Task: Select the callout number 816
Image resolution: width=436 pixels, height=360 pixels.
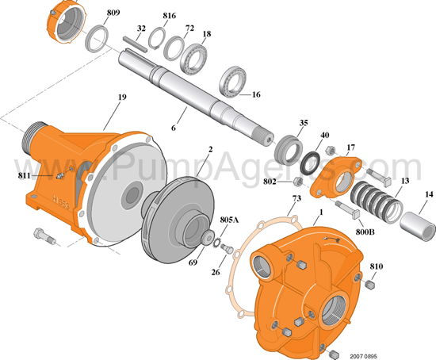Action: pos(170,16)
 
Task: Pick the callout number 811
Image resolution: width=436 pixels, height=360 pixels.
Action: pos(25,174)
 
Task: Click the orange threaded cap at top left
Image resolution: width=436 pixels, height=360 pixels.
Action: pos(65,20)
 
